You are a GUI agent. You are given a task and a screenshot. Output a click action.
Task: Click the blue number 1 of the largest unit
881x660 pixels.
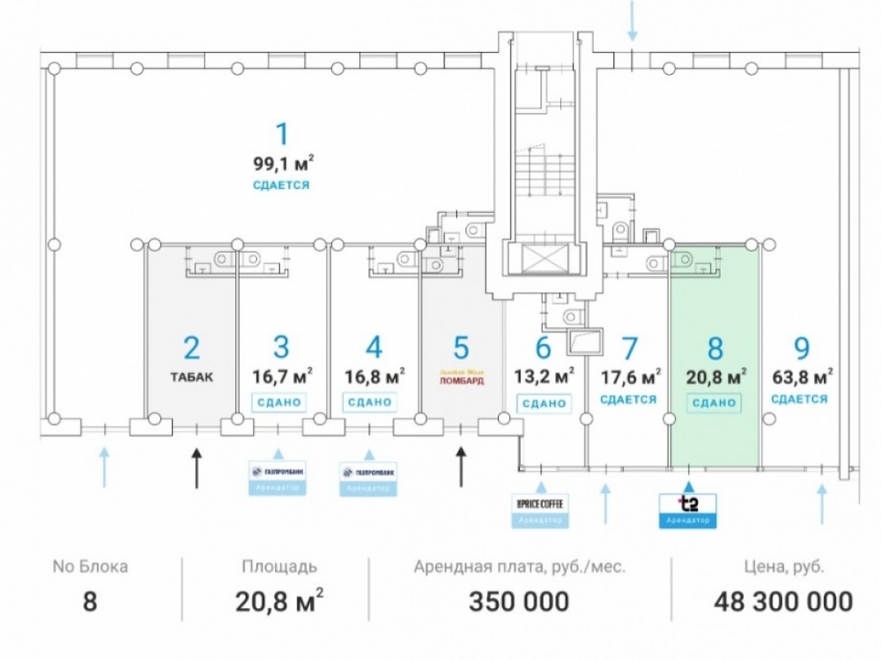tap(281, 135)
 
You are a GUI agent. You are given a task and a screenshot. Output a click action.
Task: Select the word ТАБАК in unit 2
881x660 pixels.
tap(193, 377)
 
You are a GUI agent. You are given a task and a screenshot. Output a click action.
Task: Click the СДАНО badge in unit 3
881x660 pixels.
tap(279, 402)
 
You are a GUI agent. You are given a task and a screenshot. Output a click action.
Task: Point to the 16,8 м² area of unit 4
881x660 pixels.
tap(374, 377)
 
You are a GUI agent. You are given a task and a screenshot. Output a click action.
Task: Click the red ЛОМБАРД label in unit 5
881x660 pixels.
tap(461, 381)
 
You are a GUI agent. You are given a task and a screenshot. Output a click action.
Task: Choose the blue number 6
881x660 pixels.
tap(543, 348)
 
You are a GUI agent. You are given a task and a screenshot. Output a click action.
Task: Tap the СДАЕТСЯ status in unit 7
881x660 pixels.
tap(629, 400)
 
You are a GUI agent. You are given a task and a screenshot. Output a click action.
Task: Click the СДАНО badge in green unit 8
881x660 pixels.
tap(714, 402)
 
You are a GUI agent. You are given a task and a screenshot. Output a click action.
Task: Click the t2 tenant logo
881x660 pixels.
tap(688, 505)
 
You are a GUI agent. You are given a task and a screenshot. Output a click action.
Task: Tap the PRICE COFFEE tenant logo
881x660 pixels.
tap(540, 503)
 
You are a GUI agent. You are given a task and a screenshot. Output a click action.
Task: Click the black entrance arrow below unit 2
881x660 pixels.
tap(196, 466)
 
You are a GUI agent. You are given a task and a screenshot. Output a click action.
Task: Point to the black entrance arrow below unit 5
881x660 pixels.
tap(460, 466)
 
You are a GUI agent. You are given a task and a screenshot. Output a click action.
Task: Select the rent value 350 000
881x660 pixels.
tap(518, 602)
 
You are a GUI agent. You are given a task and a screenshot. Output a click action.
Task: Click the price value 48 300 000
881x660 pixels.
tap(782, 602)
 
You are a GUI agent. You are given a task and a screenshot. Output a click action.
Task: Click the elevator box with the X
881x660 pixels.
tap(541, 258)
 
